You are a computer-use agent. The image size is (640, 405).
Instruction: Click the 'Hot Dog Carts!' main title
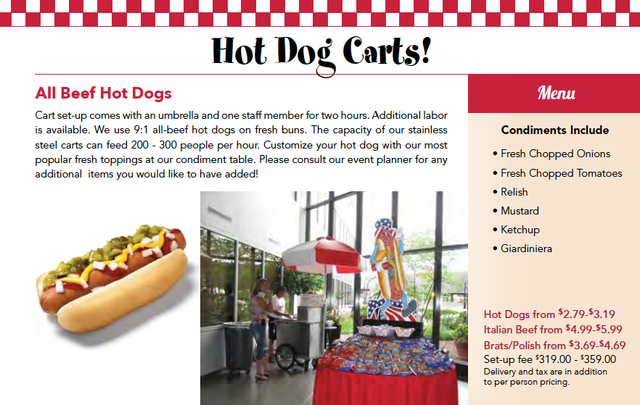pyautogui.click(x=320, y=50)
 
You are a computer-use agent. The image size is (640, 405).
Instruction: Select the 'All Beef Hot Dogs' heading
pyautogui.click(x=103, y=93)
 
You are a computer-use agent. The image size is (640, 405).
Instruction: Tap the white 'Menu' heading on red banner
pyautogui.click(x=556, y=93)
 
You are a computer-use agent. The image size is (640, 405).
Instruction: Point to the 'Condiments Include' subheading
pyautogui.click(x=555, y=130)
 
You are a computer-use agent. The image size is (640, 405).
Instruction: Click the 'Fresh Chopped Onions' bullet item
pyautogui.click(x=555, y=154)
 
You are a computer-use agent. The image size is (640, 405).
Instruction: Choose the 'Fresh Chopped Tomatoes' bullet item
pyautogui.click(x=561, y=173)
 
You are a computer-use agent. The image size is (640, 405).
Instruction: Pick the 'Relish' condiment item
pyautogui.click(x=514, y=192)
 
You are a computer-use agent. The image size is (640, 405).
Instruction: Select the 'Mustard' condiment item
pyautogui.click(x=520, y=211)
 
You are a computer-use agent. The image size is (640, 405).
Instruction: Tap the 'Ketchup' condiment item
pyautogui.click(x=520, y=230)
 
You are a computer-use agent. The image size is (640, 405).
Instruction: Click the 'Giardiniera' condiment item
pyautogui.click(x=526, y=249)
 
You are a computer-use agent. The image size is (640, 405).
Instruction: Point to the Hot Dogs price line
pyautogui.click(x=549, y=314)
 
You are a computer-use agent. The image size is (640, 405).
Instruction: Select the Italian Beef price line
pyautogui.click(x=553, y=330)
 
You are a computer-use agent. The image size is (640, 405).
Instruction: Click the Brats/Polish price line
pyautogui.click(x=554, y=346)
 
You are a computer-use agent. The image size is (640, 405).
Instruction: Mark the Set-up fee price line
pyautogui.click(x=549, y=359)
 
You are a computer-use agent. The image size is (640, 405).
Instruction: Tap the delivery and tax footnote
pyautogui.click(x=545, y=377)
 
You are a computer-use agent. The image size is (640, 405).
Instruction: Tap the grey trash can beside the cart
pyautogui.click(x=237, y=347)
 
